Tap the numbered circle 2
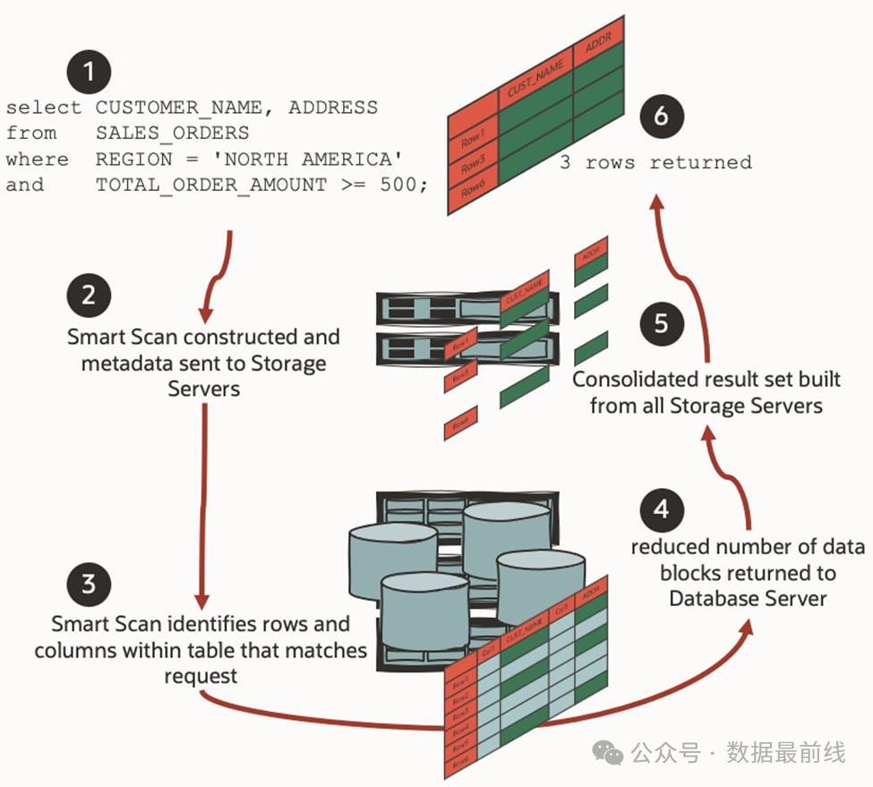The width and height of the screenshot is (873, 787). pos(88,295)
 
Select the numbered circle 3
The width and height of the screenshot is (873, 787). pos(88,585)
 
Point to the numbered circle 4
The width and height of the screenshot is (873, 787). pos(661,509)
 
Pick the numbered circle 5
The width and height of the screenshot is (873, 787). pos(661,322)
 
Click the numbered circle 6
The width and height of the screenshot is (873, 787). pos(661,117)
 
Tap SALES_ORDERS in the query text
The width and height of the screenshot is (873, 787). pos(173,133)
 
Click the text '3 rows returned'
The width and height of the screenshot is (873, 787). pos(655,163)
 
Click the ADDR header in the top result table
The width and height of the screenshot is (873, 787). pos(594,47)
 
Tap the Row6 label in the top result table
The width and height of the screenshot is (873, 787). pos(472,191)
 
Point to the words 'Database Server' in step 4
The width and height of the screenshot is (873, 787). pos(747,597)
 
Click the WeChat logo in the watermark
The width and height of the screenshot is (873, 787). pos(609,753)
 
